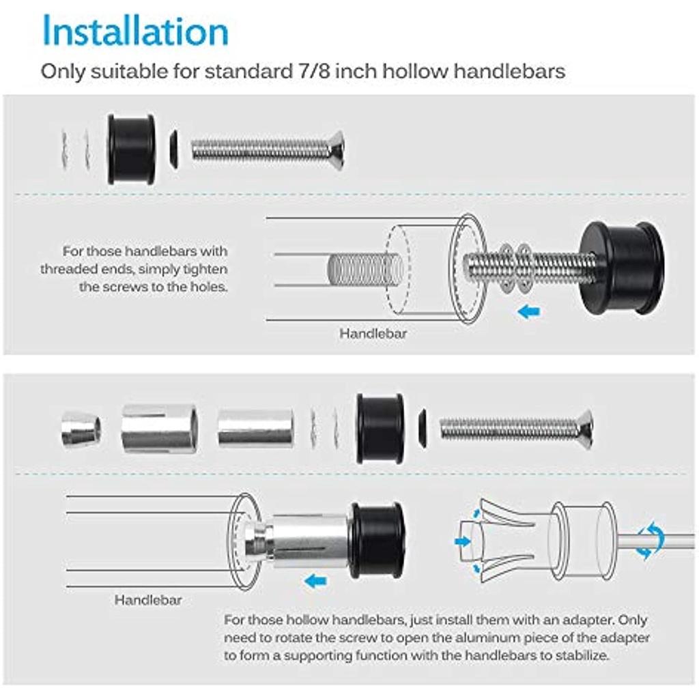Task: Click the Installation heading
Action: coord(135,30)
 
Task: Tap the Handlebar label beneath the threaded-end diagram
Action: coord(373,333)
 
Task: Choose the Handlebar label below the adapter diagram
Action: coord(148,599)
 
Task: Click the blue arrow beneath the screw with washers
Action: coord(529,311)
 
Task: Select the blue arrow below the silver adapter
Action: coord(315,581)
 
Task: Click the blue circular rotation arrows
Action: coord(649,540)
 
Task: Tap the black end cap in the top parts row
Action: coord(131,149)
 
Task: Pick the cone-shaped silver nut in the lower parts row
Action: coord(81,430)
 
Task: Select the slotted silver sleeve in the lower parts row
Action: coord(160,429)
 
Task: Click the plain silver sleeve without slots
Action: coord(256,429)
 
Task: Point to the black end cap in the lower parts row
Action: coord(380,429)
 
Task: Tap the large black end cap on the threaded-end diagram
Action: coord(622,268)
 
